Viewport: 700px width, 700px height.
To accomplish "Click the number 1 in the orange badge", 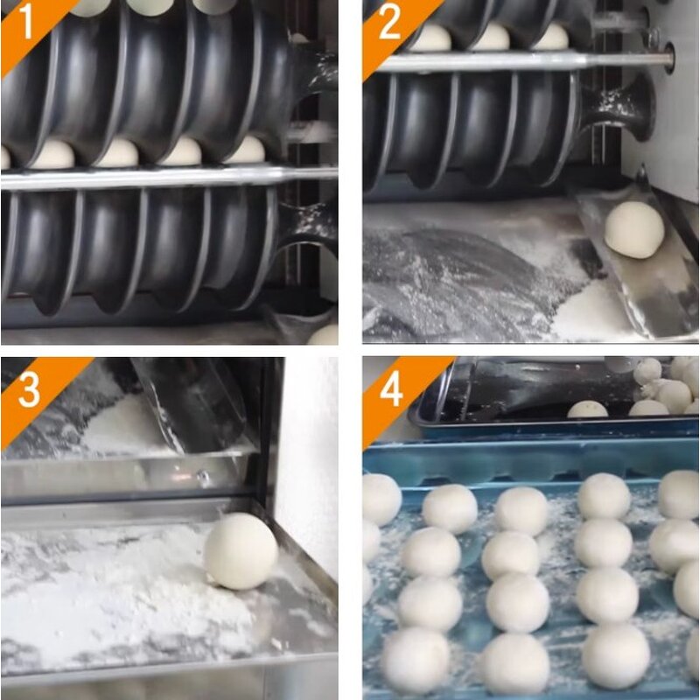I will tap(26, 24).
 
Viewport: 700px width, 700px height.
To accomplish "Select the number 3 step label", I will tap(29, 391).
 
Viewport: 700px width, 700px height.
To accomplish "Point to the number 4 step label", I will tap(391, 391).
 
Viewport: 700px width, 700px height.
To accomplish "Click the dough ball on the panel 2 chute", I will tap(634, 230).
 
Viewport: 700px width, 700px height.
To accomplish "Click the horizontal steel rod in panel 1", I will tap(166, 177).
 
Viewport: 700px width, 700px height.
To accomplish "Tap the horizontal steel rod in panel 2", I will tap(525, 62).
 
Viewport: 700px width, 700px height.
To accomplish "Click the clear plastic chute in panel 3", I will tap(188, 402).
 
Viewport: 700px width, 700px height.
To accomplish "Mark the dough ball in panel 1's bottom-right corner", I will tap(324, 334).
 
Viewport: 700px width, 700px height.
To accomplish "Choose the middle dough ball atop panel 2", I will tap(492, 38).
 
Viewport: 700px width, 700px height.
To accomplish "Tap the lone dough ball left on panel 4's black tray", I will tap(587, 409).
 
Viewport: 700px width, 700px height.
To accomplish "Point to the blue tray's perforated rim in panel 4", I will tap(525, 461).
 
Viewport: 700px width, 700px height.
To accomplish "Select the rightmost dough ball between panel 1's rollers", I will tap(247, 150).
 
